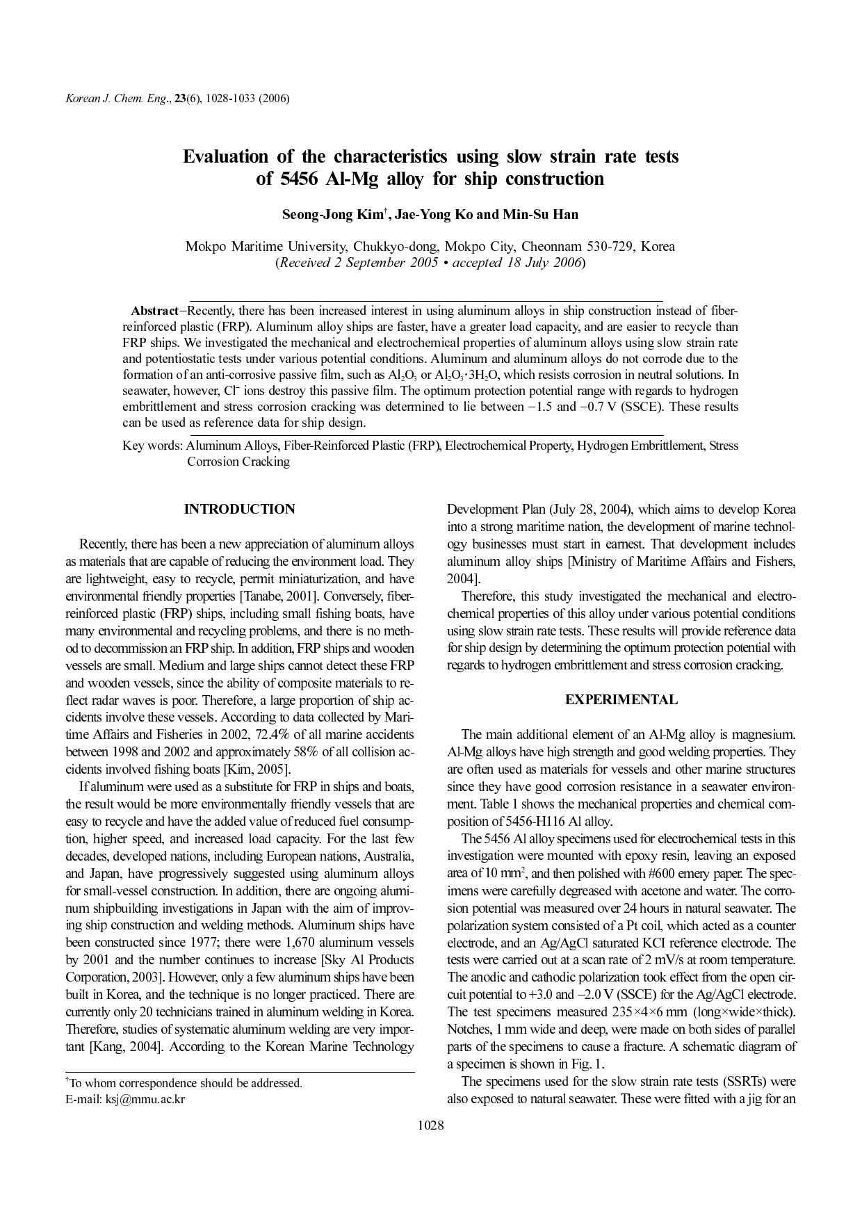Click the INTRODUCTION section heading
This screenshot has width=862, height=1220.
239,510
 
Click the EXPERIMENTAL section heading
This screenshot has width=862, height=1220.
621,700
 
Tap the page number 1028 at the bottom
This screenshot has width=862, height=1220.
430,1125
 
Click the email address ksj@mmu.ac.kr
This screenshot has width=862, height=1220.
145,1099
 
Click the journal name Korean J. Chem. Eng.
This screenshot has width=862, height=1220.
116,98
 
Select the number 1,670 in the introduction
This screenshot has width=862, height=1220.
301,943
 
